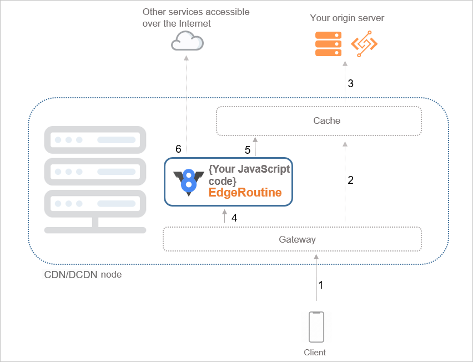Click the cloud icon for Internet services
pos(187,41)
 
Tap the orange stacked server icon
pos(328,44)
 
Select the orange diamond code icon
pos(364,44)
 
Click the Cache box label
pos(326,120)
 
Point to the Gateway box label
pos(297,240)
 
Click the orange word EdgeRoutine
pos(245,193)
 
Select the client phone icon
pos(316,327)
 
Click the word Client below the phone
pos(315,353)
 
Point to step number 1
pos(320,285)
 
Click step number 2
pos(350,180)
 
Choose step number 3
pos(350,84)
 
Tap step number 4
pos(234,218)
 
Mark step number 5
pos(248,150)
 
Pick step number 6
pos(178,149)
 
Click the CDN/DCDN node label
pos(83,274)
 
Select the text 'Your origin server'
pos(347,18)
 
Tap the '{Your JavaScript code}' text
pos(249,175)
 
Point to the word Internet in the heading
pos(195,24)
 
